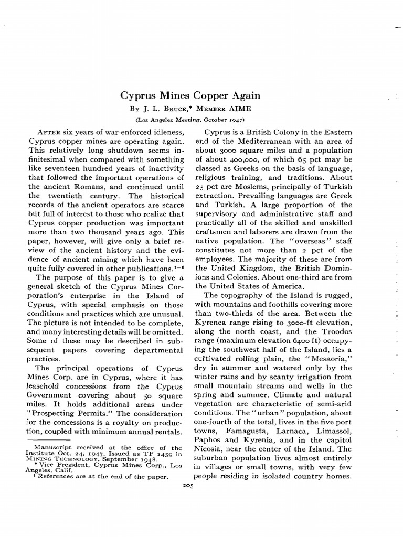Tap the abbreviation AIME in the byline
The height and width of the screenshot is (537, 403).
[x=240, y=109]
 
